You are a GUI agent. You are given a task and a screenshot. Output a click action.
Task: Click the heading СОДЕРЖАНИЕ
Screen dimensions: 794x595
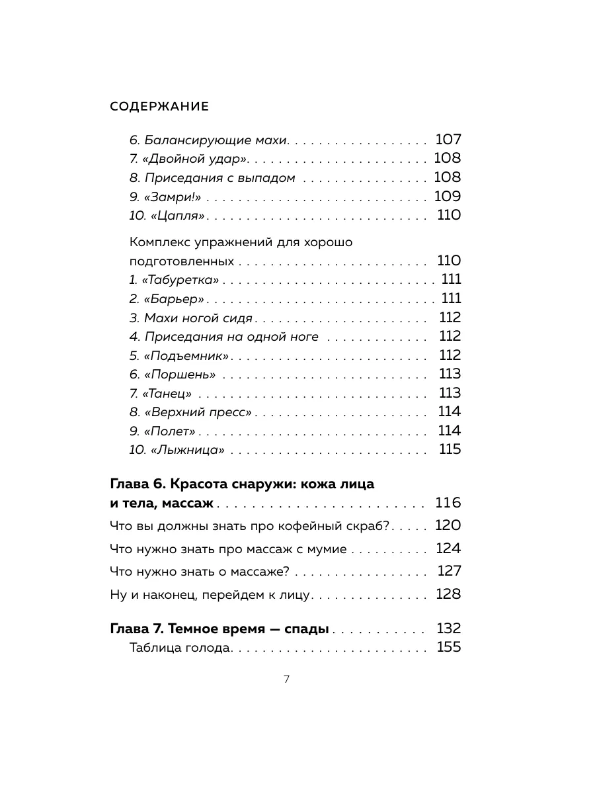[159, 107]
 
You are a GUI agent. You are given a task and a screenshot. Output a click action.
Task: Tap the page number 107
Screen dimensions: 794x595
[448, 140]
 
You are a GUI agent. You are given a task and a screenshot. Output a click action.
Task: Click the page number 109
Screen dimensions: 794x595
[447, 197]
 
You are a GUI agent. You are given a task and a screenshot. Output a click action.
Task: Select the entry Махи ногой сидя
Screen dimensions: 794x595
[191, 318]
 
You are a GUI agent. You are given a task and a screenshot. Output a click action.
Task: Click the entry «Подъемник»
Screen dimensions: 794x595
[179, 356]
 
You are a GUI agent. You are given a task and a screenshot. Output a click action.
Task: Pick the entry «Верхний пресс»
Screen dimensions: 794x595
[191, 412]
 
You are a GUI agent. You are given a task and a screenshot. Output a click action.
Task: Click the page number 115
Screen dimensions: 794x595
[450, 450]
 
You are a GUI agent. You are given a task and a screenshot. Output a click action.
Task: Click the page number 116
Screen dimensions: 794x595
[448, 503]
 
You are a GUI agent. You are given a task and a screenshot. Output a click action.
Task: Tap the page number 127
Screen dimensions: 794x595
[449, 571]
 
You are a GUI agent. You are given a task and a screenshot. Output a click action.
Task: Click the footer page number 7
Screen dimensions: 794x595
[286, 679]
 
